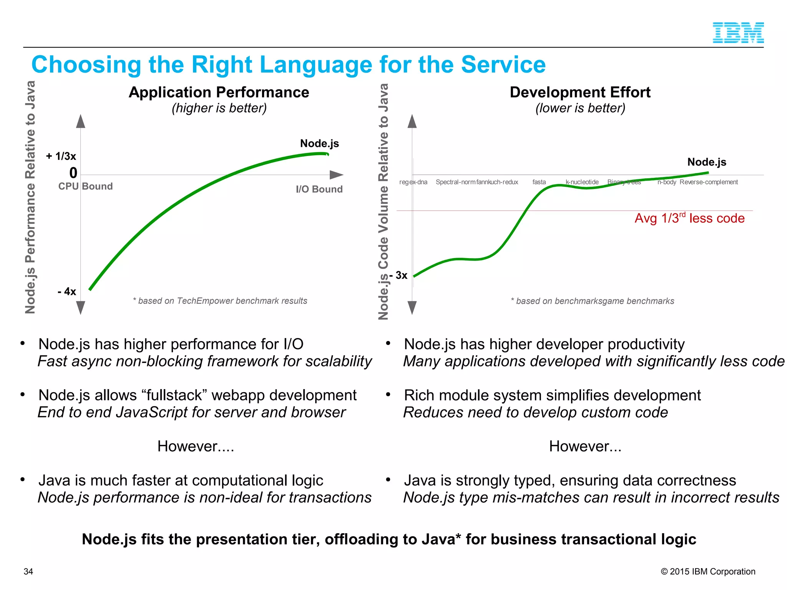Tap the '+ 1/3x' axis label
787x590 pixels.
pos(61,156)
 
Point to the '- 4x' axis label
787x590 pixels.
pos(67,292)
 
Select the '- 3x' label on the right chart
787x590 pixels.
pos(398,275)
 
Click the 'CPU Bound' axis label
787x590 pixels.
pos(85,186)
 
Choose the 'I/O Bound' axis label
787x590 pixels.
pos(319,189)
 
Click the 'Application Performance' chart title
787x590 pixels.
pos(219,93)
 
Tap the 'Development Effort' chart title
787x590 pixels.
pos(580,93)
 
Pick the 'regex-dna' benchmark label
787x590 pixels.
pos(413,182)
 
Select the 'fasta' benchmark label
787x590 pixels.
pos(539,182)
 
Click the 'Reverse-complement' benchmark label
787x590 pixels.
pos(709,182)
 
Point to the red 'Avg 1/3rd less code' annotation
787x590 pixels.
pos(689,218)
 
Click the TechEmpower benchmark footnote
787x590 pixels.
pos(220,301)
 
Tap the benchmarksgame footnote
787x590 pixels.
pos(592,301)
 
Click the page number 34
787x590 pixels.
pos(28,572)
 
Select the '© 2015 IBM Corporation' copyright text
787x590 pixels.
pos(708,572)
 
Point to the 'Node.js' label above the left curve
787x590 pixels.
pos(319,144)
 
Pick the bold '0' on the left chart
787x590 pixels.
pos(73,173)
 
